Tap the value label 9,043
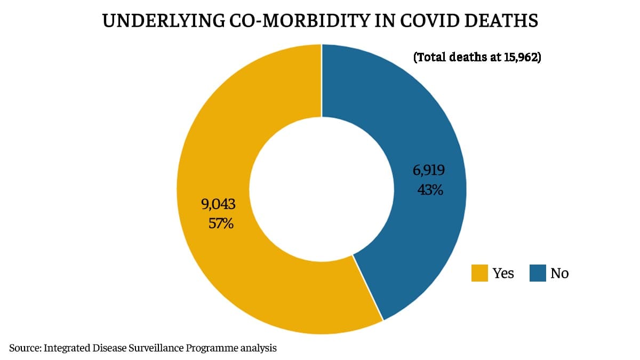pyautogui.click(x=218, y=204)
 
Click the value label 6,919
pyautogui.click(x=428, y=170)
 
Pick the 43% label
pyautogui.click(x=430, y=189)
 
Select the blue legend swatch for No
pyautogui.click(x=537, y=274)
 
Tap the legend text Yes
pyautogui.click(x=503, y=274)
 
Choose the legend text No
pyautogui.click(x=559, y=274)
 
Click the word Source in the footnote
pyautogui.click(x=23, y=349)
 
